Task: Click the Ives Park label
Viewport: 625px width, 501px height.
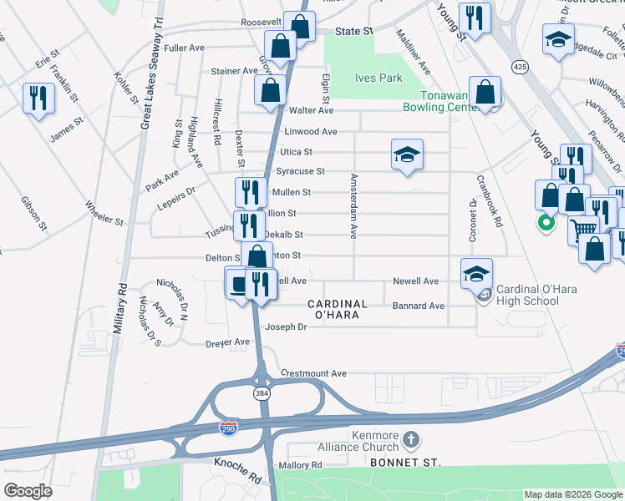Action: click(379, 78)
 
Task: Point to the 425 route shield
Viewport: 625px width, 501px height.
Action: click(520, 67)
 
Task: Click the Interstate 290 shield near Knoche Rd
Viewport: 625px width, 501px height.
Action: click(228, 428)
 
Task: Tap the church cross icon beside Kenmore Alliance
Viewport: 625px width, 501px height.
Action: click(410, 438)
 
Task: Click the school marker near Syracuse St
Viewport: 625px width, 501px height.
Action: click(407, 154)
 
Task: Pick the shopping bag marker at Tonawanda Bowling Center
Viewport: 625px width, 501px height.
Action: click(485, 94)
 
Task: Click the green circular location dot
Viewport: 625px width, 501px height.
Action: click(546, 222)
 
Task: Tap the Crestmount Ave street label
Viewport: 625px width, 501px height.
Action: click(313, 373)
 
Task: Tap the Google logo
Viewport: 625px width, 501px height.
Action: click(28, 490)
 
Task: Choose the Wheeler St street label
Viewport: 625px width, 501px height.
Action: click(103, 222)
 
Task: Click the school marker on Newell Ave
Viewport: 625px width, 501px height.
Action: click(476, 273)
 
